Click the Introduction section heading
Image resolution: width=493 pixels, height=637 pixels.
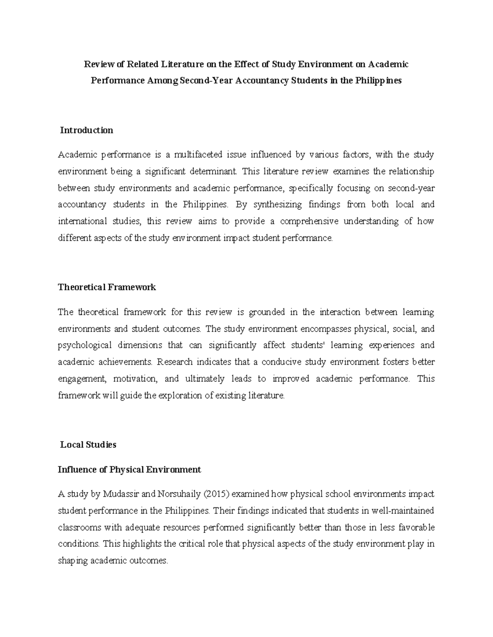click(x=86, y=130)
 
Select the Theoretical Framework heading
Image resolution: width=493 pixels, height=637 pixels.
click(x=107, y=287)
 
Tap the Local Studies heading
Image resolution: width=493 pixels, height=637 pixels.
click(x=88, y=445)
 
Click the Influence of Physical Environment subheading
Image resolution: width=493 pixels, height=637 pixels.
click(x=129, y=470)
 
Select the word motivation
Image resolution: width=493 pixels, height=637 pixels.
click(x=135, y=379)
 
